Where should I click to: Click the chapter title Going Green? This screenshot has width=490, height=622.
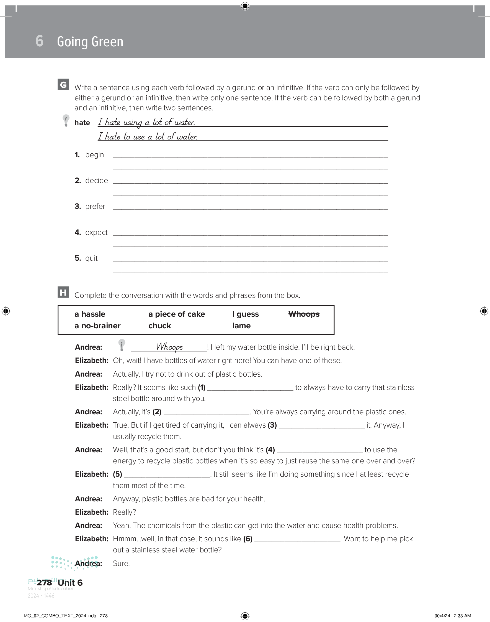(x=90, y=42)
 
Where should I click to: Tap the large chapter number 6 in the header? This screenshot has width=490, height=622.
(x=40, y=41)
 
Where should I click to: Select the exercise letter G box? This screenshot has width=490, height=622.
(x=63, y=85)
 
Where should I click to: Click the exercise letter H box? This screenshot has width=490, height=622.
(x=63, y=292)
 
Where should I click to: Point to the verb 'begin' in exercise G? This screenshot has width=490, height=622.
(x=94, y=155)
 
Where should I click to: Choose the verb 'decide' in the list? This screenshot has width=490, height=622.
(x=96, y=181)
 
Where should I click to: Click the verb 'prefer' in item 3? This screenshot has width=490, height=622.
(x=95, y=207)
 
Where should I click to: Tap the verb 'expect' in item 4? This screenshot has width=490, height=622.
(x=96, y=232)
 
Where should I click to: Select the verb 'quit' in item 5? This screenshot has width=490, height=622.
(x=91, y=258)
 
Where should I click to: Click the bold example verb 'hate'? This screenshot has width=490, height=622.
(x=82, y=123)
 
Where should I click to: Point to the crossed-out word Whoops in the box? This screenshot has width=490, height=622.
(x=304, y=314)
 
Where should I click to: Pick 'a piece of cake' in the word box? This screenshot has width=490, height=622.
(x=176, y=314)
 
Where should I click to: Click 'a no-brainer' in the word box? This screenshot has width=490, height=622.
(x=97, y=326)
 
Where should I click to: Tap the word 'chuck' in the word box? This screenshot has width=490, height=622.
(x=159, y=326)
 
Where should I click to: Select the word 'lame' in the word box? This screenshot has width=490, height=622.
(x=241, y=326)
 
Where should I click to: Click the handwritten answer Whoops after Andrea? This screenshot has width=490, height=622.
(x=169, y=347)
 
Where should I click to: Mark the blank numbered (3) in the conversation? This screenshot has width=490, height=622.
(x=322, y=425)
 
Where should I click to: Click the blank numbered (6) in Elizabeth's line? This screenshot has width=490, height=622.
(x=297, y=539)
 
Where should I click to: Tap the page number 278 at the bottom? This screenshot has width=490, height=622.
(x=45, y=583)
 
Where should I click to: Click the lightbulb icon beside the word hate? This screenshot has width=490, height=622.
(x=66, y=120)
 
